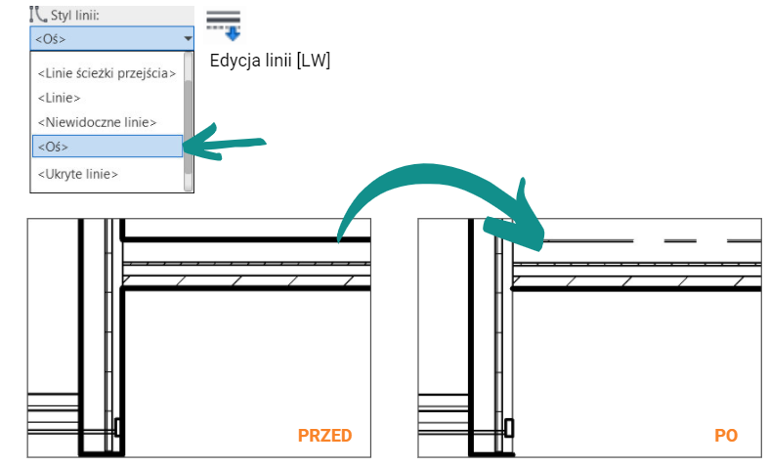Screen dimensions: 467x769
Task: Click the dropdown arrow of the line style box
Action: coord(188,39)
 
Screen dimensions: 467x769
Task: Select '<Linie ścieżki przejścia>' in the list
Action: coord(107,73)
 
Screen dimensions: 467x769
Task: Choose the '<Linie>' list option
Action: coord(59,98)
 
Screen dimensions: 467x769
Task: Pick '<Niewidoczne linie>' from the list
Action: coord(97,122)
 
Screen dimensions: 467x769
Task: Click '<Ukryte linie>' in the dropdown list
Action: coord(77,174)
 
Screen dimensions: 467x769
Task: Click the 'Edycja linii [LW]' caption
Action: coord(270,61)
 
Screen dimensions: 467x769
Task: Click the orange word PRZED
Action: coord(324,436)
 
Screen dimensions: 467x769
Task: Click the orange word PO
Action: coord(725,436)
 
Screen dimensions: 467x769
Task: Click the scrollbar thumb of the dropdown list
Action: coord(188,117)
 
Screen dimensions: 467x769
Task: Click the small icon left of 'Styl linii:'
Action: coord(39,15)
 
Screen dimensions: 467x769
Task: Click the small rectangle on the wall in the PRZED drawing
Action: coord(117,427)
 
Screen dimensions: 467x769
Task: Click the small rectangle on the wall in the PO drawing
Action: coord(508,427)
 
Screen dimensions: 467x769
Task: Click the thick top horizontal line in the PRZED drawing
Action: coord(244,238)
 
